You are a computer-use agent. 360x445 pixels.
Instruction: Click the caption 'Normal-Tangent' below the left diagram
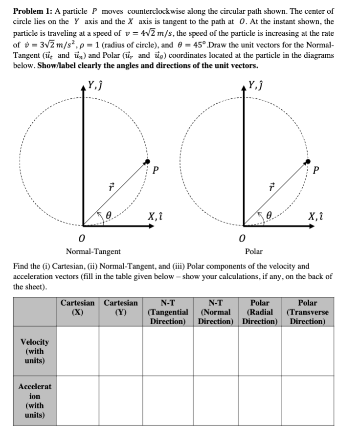(x=93, y=251)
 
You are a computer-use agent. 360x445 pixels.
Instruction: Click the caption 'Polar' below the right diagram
(x=254, y=251)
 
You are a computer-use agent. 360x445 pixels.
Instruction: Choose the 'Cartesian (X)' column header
(x=77, y=307)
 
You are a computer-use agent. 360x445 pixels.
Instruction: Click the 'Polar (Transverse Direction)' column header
(x=308, y=312)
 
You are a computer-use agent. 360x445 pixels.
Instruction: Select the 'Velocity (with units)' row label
(x=34, y=351)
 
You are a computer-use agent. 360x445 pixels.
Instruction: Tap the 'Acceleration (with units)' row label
(x=34, y=400)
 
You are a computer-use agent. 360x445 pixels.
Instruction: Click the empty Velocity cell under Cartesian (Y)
(x=121, y=351)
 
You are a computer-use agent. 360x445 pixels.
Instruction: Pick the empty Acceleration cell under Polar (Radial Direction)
(x=263, y=400)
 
